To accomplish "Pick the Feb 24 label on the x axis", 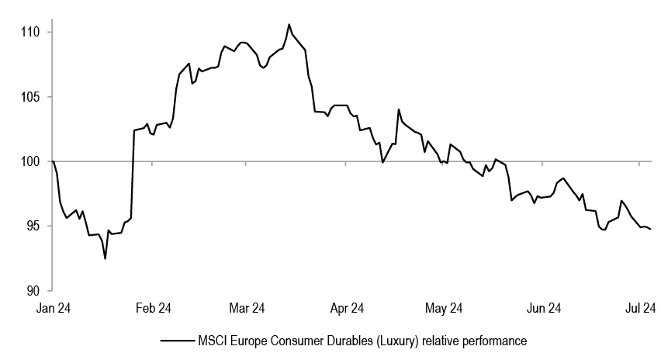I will (154, 308).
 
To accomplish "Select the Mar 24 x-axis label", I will (246, 308).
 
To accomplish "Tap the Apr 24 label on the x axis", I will (347, 308).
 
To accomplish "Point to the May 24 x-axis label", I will (445, 308).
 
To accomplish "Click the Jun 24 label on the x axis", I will (545, 308).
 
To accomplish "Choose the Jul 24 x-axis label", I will (640, 308).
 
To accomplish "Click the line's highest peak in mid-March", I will (289, 24).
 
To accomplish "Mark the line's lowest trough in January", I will (105, 258).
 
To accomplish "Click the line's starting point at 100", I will (53, 161).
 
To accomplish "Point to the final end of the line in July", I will (650, 229).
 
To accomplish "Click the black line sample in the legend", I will (176, 341).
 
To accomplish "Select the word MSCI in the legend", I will (212, 341).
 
